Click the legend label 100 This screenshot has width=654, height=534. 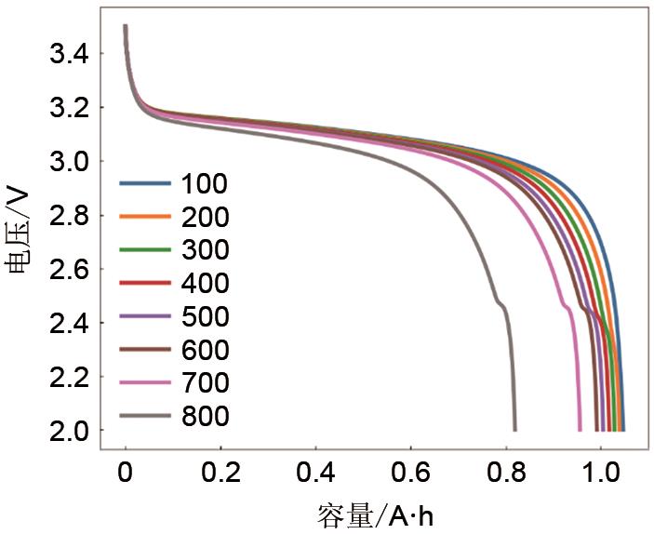207,183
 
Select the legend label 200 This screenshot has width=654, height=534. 207,217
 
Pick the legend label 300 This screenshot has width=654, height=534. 207,250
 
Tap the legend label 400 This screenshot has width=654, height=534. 207,284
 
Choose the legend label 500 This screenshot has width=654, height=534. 207,317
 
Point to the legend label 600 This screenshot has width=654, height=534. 207,351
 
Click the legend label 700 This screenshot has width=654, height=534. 207,383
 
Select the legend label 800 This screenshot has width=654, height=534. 207,417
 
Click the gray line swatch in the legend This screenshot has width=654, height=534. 145,417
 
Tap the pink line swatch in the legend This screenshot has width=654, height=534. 145,383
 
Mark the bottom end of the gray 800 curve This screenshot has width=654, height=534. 514,430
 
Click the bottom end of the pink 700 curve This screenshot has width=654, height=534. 580,430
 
